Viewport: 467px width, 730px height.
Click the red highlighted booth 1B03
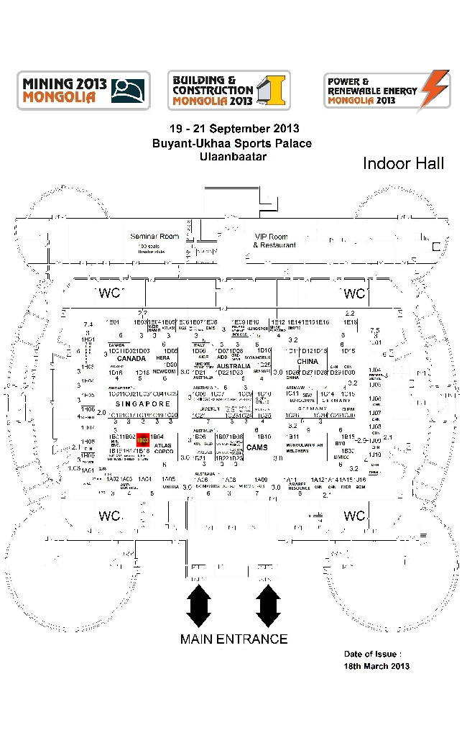click(142, 439)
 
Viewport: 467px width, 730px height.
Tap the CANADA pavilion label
click(131, 358)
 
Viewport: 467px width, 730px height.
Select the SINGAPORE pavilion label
click(142, 404)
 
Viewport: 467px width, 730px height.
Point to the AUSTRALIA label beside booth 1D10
click(233, 365)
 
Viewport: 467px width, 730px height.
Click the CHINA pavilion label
click(308, 362)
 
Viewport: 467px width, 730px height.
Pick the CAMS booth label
click(256, 447)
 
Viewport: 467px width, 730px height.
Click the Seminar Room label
click(154, 237)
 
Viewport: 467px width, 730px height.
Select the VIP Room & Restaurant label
click(274, 241)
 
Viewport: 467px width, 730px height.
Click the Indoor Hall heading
click(403, 163)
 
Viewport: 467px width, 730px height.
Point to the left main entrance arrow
click(198, 606)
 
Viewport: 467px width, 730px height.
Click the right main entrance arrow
click(267, 606)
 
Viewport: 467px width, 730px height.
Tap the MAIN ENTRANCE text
click(233, 639)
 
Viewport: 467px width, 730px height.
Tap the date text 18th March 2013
click(376, 666)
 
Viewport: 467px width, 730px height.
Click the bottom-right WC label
click(354, 516)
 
